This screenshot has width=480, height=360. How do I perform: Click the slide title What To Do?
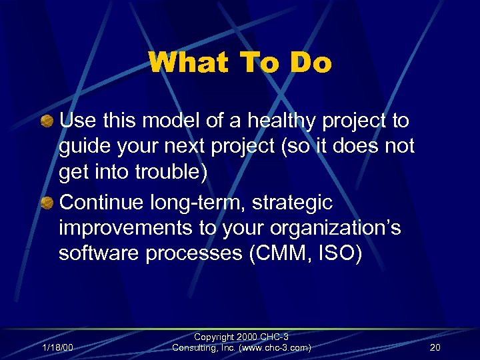[x=240, y=63]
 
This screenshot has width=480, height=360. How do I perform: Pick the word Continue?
[x=103, y=203]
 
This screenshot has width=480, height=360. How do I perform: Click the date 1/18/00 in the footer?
[x=58, y=347]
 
